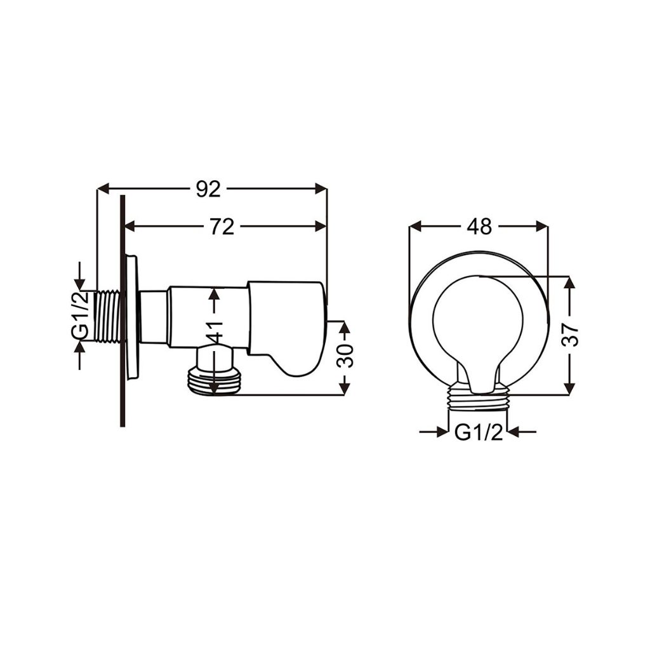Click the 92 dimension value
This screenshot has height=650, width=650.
tap(208, 189)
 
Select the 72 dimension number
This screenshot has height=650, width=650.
tap(222, 227)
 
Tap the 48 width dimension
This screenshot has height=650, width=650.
tap(479, 227)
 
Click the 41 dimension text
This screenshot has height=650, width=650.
tap(215, 331)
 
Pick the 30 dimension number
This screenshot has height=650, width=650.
tap(345, 355)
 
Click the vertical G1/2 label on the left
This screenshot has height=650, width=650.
tap(81, 315)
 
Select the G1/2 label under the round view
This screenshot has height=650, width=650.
tap(479, 433)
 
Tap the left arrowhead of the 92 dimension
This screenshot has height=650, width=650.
tap(103, 189)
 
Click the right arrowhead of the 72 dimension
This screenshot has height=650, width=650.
tap(321, 227)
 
